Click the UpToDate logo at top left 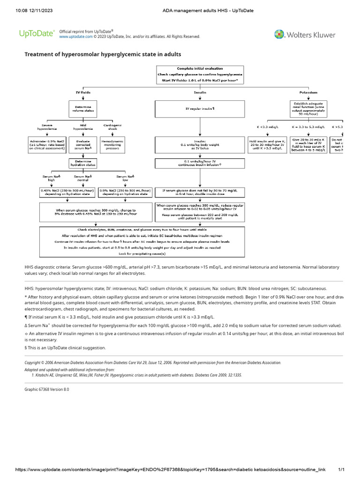(37, 34)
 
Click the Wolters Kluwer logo (305, 35)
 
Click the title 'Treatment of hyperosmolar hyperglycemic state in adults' (103, 55)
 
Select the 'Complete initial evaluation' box (200, 75)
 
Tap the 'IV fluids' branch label (83, 93)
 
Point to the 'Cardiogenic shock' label (111, 127)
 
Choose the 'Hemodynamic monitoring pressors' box (111, 145)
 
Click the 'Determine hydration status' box (83, 163)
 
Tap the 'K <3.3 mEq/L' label (267, 127)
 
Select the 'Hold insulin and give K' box (267, 145)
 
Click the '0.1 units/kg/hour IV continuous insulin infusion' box (200, 163)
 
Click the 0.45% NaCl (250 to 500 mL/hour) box (67, 193)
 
